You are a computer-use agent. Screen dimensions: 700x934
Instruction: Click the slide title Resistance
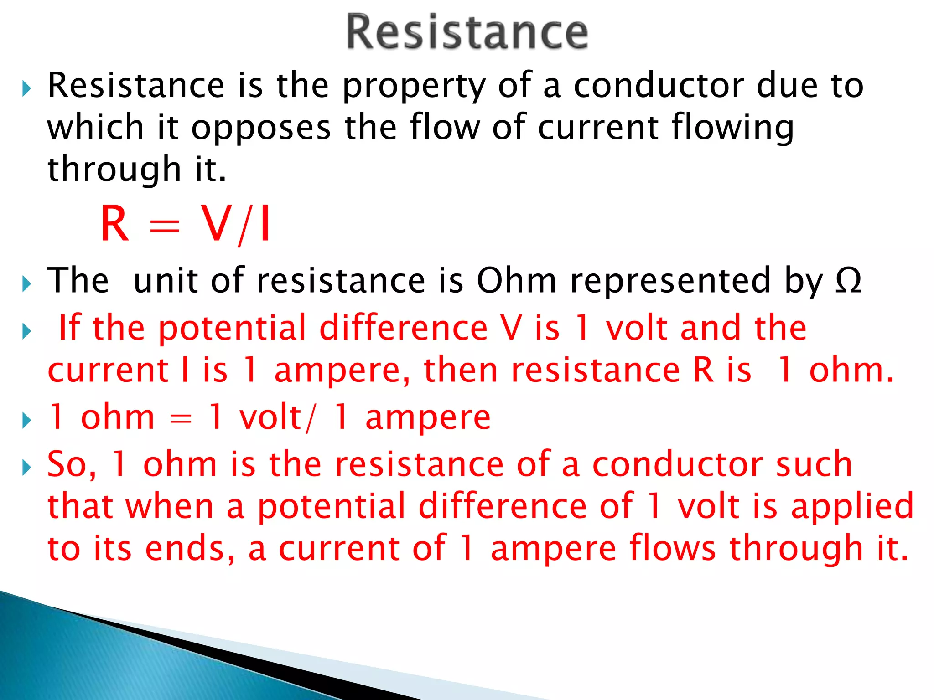click(x=467, y=32)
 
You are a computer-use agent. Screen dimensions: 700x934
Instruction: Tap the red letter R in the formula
click(x=114, y=224)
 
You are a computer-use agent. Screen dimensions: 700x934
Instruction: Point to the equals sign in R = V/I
click(x=165, y=226)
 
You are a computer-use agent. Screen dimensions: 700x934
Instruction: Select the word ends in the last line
click(x=190, y=548)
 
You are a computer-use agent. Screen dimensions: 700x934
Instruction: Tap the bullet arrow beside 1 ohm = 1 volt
click(x=26, y=420)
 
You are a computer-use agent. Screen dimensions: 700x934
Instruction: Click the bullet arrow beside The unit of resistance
click(x=26, y=284)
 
